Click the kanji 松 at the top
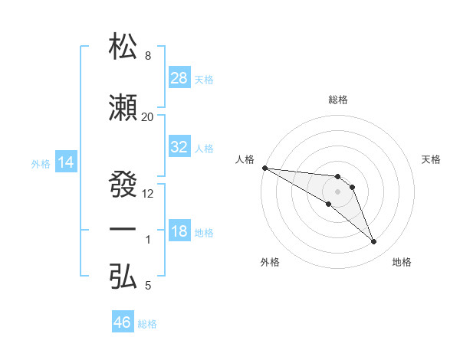124,47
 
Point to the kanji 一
124,230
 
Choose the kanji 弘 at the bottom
124,276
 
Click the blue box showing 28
179,77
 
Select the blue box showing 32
179,147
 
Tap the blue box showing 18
179,231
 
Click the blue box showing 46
123,322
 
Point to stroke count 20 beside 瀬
147,116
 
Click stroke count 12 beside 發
148,193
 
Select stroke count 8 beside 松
147,56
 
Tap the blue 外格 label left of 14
41,163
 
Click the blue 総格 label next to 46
148,324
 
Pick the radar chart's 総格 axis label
337,100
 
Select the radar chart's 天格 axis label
432,159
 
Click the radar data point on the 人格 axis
264,168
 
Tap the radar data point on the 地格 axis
374,242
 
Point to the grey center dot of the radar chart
337,191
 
